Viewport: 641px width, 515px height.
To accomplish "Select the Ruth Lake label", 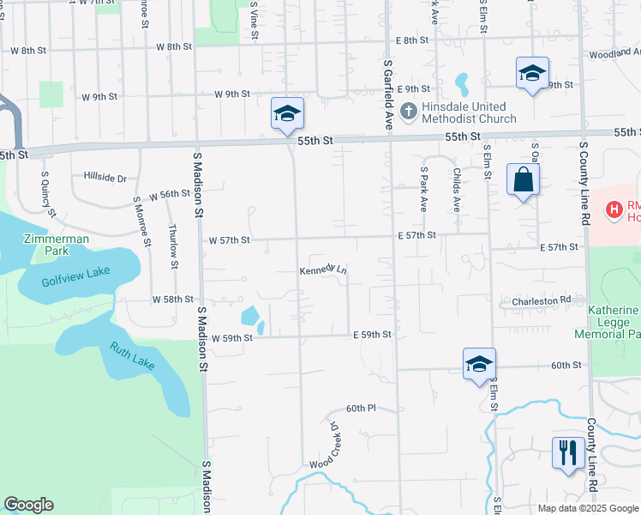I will [131, 356].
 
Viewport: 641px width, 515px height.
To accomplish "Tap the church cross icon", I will [408, 112].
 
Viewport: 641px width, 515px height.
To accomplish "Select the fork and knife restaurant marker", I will [568, 453].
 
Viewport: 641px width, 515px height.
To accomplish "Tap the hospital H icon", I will [614, 209].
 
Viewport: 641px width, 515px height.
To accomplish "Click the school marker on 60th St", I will [479, 364].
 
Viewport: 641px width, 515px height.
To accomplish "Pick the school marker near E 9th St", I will [532, 73].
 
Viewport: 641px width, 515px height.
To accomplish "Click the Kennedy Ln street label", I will [323, 270].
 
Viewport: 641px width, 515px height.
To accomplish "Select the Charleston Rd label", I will [542, 300].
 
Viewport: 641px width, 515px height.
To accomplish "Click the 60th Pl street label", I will [362, 408].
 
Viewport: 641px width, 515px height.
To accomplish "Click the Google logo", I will [28, 505].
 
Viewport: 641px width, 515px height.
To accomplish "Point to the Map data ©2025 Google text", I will [588, 508].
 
